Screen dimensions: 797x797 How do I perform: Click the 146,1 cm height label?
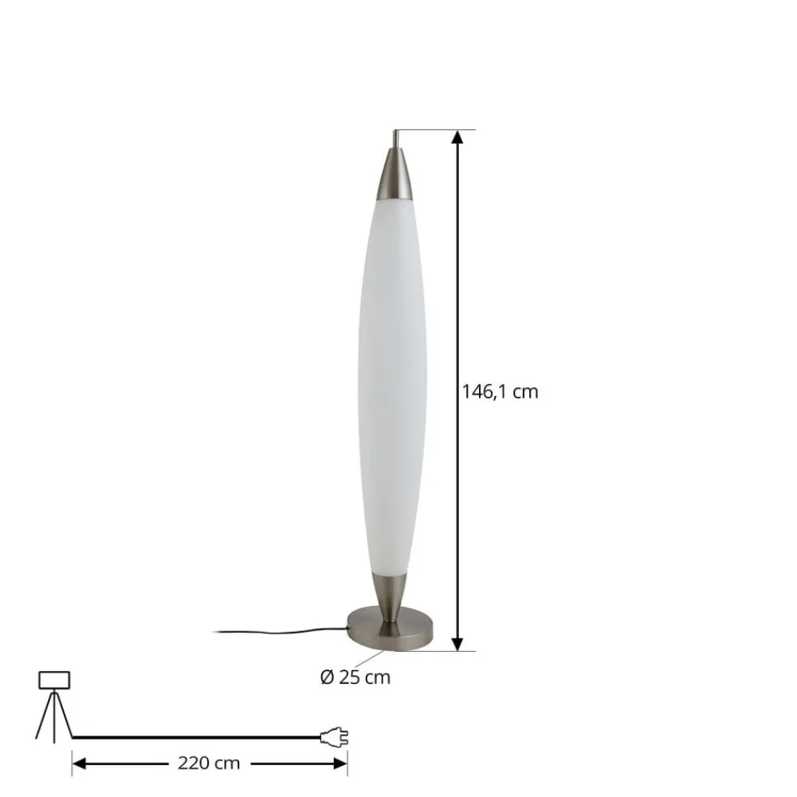[x=500, y=392]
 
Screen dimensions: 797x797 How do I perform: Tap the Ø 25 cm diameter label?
[x=355, y=677]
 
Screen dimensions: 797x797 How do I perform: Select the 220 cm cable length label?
[x=210, y=763]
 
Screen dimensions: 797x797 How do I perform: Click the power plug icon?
[x=334, y=738]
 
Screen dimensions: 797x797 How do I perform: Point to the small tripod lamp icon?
[x=54, y=705]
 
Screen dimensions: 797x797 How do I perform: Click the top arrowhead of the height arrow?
[x=457, y=137]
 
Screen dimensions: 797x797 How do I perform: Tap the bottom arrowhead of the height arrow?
[x=457, y=643]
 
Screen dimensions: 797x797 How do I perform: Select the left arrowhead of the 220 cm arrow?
[x=78, y=763]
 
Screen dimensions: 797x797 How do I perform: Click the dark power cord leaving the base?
[x=279, y=633]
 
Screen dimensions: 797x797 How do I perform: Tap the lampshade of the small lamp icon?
[x=54, y=680]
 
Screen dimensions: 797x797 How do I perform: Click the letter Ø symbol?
[x=326, y=677]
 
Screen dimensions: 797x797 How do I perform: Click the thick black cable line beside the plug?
[x=199, y=737]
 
